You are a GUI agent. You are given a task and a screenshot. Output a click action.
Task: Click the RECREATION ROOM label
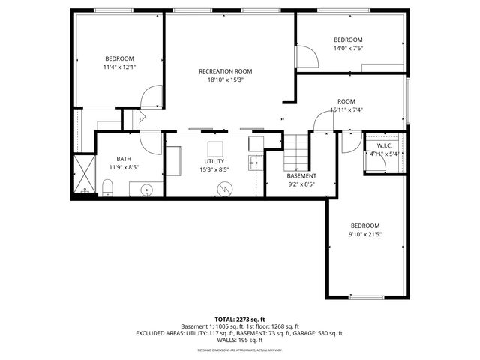pos(220,71)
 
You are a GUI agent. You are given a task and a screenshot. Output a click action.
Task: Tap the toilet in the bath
pos(107,187)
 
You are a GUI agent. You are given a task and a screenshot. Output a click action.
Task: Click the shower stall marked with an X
pos(85,175)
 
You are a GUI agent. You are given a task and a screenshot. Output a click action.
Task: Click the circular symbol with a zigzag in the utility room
pos(223,188)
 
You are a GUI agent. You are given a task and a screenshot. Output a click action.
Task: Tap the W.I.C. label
pos(385,145)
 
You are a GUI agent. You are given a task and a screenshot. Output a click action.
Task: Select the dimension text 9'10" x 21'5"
pos(365,235)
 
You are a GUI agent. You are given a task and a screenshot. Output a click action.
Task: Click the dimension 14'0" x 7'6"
pos(348,49)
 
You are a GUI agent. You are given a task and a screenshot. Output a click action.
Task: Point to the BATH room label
pos(124,159)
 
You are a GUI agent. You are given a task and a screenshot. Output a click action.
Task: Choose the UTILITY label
pos(214,162)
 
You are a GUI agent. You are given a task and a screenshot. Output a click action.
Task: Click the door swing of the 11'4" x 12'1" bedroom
pos(150,97)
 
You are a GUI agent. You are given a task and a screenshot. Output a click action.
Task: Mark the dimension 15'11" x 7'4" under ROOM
pos(346,110)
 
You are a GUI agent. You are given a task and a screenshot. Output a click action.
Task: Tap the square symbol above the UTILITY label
pos(216,146)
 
